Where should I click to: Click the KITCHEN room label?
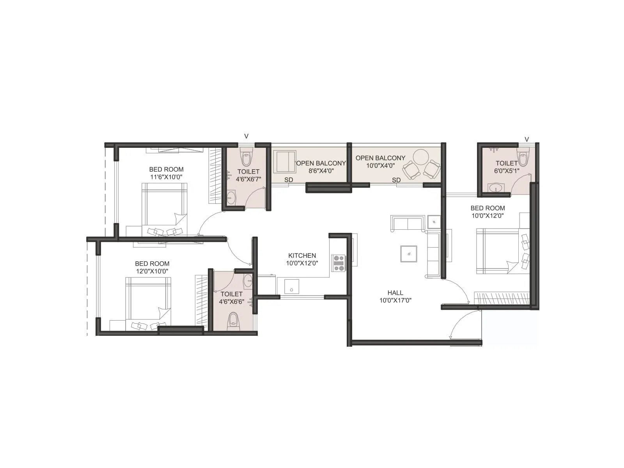click(302, 255)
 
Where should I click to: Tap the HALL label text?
click(395, 292)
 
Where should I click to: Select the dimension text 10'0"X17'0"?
click(395, 300)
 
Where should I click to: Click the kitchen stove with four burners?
click(338, 263)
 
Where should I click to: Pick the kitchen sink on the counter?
click(291, 287)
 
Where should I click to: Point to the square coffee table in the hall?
click(408, 254)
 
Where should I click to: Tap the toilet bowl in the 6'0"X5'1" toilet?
click(523, 157)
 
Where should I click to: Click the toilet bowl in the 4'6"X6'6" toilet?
click(233, 319)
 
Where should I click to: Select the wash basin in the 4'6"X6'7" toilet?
click(231, 198)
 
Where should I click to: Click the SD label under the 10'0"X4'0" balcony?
click(396, 180)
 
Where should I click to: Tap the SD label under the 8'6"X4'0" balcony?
click(288, 180)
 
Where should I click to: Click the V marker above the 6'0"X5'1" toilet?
click(526, 139)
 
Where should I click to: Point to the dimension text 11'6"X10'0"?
click(166, 177)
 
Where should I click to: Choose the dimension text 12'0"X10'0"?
click(152, 271)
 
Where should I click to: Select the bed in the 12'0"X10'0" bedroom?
click(147, 298)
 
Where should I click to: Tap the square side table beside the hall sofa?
click(434, 222)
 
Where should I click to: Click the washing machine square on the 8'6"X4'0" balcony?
click(284, 161)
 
